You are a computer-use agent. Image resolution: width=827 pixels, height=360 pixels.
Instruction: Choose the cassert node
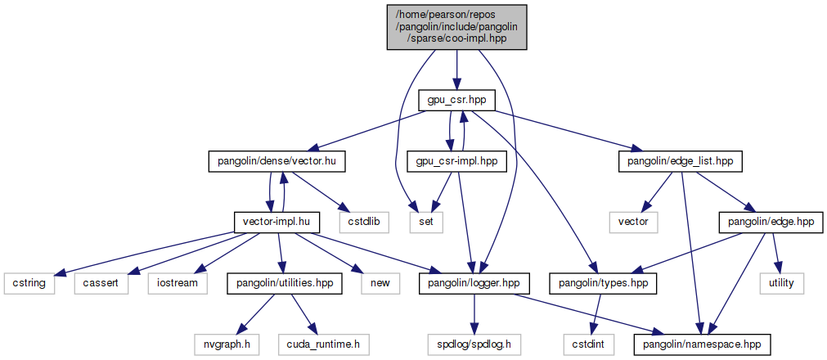tap(101, 283)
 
